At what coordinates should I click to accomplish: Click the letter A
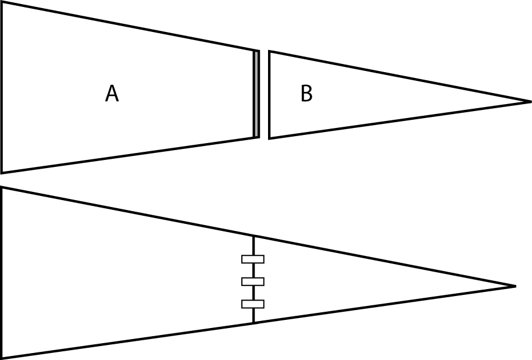[x=112, y=94]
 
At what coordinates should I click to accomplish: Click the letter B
[x=306, y=94]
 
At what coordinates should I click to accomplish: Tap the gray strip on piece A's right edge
[x=256, y=94]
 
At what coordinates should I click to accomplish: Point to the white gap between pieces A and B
[x=264, y=94]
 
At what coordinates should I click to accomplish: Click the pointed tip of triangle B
[x=530, y=102]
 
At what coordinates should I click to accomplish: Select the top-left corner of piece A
[x=2, y=2]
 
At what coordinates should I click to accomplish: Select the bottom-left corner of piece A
[x=2, y=172]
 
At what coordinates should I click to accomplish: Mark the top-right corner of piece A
[x=259, y=51]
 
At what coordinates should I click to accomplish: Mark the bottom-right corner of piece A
[x=259, y=137]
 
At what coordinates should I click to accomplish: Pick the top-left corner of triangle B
[x=269, y=52]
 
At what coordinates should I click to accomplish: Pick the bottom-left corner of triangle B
[x=269, y=138]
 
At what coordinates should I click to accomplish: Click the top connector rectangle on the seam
[x=253, y=259]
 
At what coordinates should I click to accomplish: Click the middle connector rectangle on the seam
[x=253, y=281]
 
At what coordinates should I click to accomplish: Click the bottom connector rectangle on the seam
[x=253, y=304]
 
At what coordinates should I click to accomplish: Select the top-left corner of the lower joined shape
[x=2, y=187]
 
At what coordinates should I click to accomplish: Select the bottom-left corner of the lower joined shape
[x=2, y=357]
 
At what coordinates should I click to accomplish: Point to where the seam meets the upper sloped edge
[x=253, y=236]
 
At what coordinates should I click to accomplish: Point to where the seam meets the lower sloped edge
[x=253, y=322]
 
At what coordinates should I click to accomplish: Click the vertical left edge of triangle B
[x=269, y=94]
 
